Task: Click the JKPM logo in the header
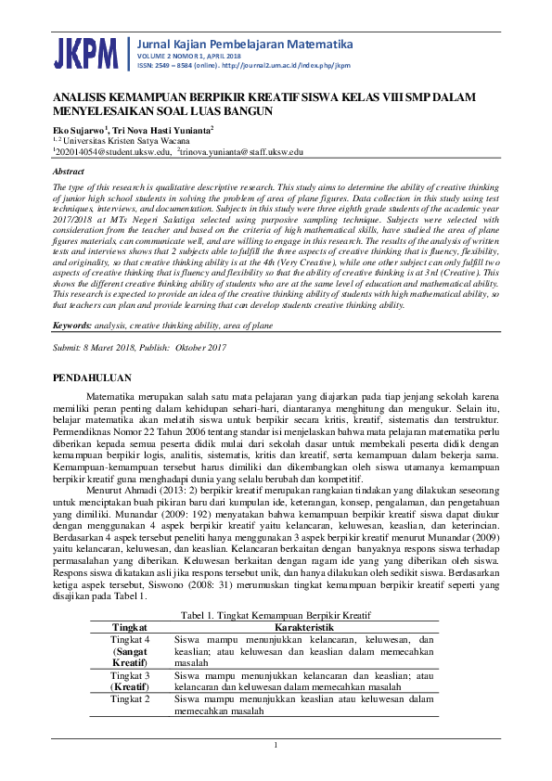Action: click(x=86, y=54)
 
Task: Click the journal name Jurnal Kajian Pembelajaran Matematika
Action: click(x=245, y=44)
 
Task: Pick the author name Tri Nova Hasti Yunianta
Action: click(x=163, y=130)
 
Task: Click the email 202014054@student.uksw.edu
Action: click(x=113, y=150)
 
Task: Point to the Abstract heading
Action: click(x=69, y=173)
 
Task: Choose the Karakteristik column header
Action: click(x=303, y=627)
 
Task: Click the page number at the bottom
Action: click(x=276, y=746)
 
